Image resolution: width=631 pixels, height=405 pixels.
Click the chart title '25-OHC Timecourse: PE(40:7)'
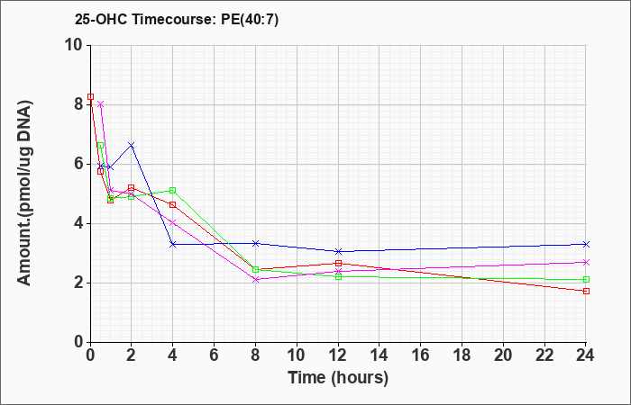click(x=177, y=19)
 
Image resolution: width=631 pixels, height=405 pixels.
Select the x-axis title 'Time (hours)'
click(x=338, y=378)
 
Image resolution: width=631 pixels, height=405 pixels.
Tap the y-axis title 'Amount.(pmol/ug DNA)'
click(x=24, y=193)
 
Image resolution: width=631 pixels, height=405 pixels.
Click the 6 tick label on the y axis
click(x=79, y=164)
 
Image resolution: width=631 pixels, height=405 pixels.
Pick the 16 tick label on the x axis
click(x=421, y=355)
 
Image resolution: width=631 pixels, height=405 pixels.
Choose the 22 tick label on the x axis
click(x=544, y=355)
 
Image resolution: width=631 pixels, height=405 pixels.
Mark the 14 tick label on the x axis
click(x=380, y=355)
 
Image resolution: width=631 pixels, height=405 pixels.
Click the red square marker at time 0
click(x=90, y=97)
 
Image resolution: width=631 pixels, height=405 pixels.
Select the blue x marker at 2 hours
click(x=132, y=145)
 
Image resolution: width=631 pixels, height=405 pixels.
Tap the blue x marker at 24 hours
click(x=586, y=244)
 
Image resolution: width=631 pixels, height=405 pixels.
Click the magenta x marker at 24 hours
click(x=586, y=263)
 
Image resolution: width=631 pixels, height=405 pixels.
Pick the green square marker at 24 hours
click(x=586, y=279)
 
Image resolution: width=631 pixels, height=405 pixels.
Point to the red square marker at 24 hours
click(x=586, y=291)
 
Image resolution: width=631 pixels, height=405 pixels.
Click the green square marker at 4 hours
click(x=173, y=190)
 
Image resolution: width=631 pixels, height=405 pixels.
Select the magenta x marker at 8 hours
click(x=255, y=279)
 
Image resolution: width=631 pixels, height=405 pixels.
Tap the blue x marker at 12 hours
click(x=338, y=251)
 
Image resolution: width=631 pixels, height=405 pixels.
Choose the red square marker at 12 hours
click(x=338, y=263)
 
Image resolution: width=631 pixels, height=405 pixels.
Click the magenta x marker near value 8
click(x=101, y=104)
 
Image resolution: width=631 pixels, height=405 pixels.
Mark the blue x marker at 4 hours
click(x=173, y=244)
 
